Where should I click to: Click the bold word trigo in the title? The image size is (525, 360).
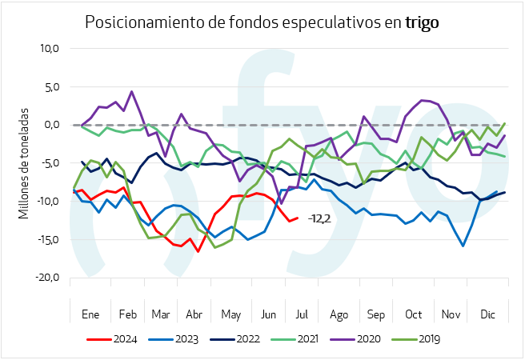click(x=422, y=22)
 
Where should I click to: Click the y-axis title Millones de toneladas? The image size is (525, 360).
click(x=24, y=163)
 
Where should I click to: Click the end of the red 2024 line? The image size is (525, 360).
click(x=298, y=218)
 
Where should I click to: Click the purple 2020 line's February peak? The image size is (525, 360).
click(x=131, y=91)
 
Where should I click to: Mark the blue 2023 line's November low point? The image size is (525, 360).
click(x=463, y=246)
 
